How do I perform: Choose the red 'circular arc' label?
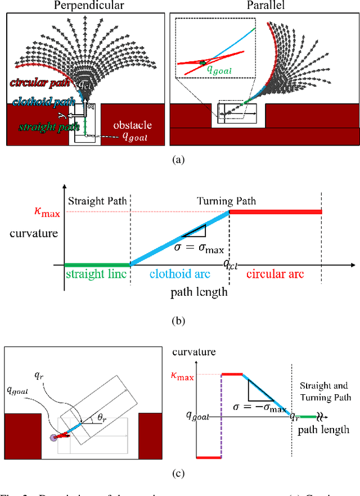[x=276, y=274]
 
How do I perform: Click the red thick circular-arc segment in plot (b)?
[x=276, y=211]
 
